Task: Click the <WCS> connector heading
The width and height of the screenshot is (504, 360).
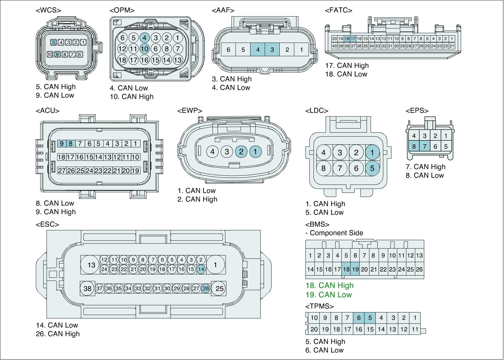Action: tap(49, 10)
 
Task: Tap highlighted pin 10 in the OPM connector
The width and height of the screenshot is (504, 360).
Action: tap(145, 49)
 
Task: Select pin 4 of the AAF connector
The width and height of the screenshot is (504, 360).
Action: tap(258, 49)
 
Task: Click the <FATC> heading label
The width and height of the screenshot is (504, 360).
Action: tap(338, 10)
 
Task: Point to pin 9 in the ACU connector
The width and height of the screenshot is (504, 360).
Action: tap(61, 144)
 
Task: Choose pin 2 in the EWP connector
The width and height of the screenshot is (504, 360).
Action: tap(241, 152)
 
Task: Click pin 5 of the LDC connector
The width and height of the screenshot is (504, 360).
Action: tap(372, 168)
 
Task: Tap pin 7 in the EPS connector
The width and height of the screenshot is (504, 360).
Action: tap(425, 146)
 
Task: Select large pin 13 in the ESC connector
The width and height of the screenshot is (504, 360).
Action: tap(91, 265)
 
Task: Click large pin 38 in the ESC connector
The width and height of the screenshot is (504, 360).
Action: tap(87, 289)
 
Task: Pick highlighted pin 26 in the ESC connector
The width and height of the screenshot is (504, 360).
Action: tap(206, 289)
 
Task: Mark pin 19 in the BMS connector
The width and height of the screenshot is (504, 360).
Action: tap(355, 269)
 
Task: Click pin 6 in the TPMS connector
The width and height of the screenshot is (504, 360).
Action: tap(358, 318)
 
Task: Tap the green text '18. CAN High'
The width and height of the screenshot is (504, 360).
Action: tap(329, 285)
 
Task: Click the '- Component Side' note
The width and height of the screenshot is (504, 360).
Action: tap(334, 233)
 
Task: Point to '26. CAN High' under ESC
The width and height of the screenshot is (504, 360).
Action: tap(58, 334)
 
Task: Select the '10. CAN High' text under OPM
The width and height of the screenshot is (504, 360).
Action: tap(131, 97)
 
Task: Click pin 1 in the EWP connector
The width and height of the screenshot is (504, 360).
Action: tap(255, 152)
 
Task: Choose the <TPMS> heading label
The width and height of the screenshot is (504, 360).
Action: tap(319, 306)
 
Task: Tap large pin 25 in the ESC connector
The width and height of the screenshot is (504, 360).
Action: tap(219, 289)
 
